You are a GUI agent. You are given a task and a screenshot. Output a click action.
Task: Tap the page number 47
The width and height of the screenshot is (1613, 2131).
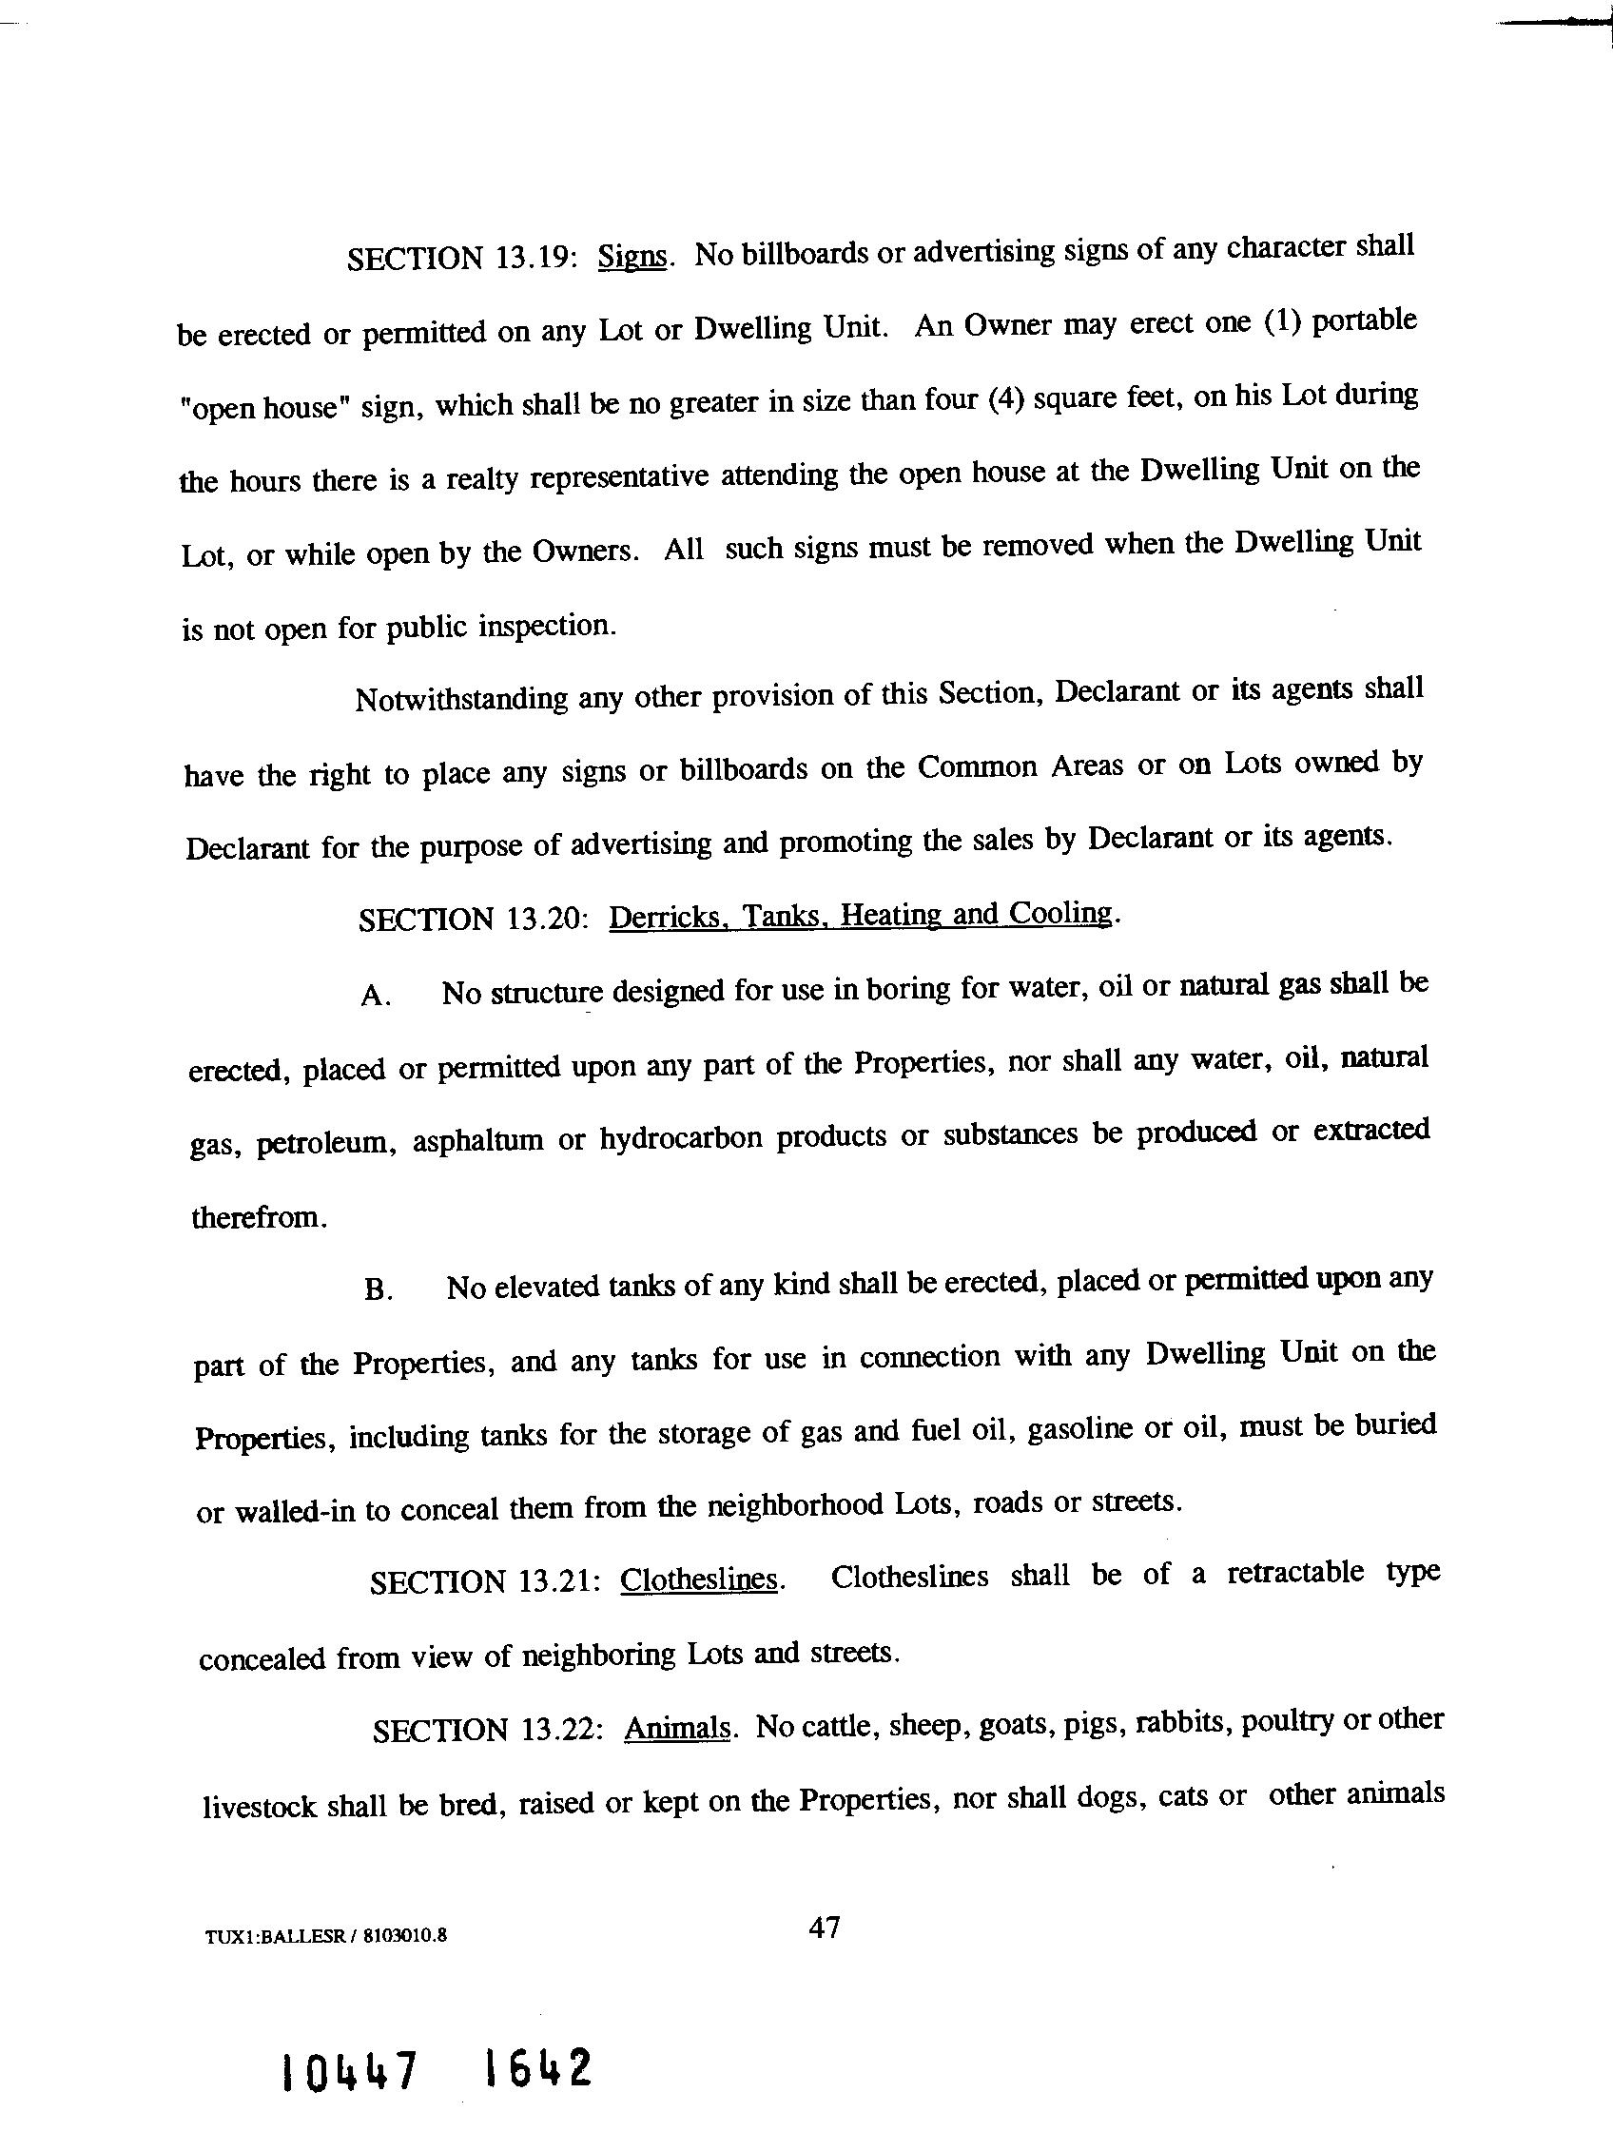point(825,1928)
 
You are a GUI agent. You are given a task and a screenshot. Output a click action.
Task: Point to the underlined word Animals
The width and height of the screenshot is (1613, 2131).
point(676,1729)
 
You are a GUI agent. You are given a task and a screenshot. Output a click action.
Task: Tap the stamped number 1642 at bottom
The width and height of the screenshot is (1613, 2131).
point(536,2065)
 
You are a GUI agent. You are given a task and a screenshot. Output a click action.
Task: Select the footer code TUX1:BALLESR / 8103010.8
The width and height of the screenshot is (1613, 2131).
point(325,1936)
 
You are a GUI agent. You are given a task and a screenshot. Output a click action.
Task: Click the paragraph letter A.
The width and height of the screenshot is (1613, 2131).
point(375,997)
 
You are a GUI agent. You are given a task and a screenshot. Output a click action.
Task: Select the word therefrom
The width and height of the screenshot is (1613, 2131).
point(260,1219)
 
